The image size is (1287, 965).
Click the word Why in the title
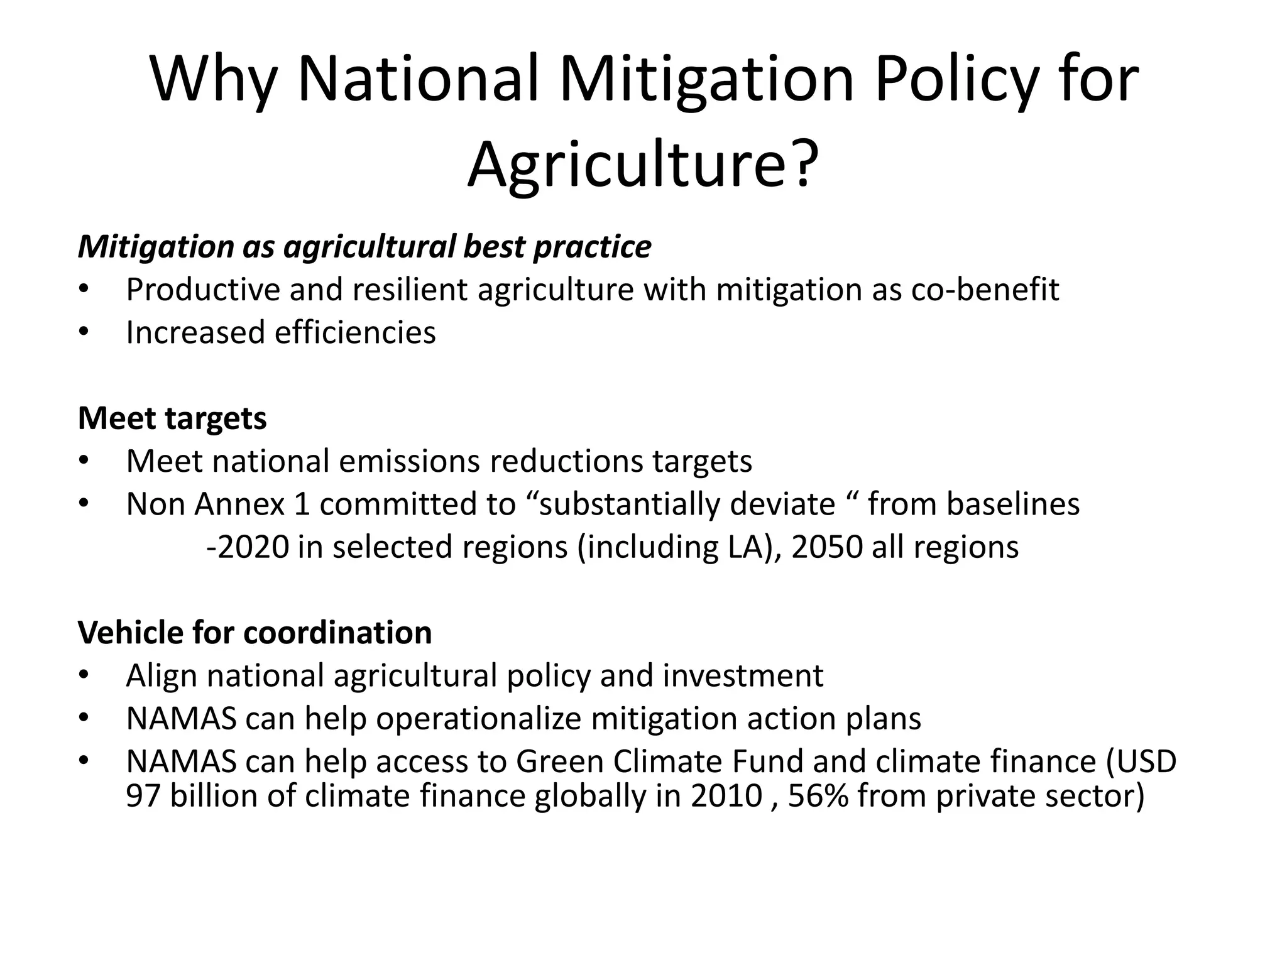214,80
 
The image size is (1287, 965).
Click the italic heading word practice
592,246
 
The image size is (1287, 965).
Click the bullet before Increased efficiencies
84,332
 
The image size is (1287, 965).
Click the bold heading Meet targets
172,418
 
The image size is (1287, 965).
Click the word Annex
239,504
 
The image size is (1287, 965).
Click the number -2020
248,547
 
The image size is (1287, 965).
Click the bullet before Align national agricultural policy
84,675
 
